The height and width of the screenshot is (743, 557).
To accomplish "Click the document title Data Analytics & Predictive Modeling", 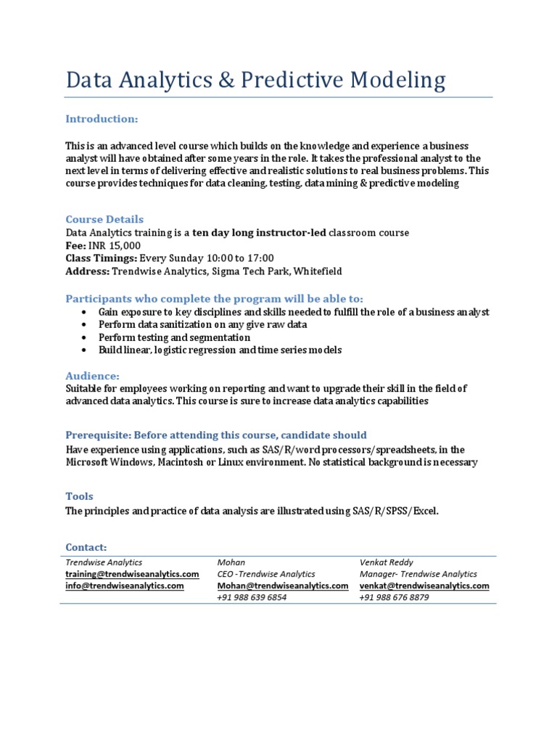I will tap(255, 80).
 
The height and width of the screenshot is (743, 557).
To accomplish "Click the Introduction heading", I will tap(102, 118).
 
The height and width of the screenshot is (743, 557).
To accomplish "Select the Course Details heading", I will tap(104, 219).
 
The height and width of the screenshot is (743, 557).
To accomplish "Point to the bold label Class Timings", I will tap(101, 258).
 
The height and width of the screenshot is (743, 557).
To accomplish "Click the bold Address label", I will tap(87, 271).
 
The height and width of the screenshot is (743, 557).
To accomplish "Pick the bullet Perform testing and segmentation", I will tap(174, 337).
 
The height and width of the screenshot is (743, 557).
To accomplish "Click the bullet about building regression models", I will tap(220, 350).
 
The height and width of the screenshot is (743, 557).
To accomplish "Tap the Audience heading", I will tap(92, 376).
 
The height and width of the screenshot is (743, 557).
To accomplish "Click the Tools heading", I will tap(79, 496).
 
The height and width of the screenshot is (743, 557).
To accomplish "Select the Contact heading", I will tap(86, 546).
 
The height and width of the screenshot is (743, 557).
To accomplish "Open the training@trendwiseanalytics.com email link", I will tap(132, 574).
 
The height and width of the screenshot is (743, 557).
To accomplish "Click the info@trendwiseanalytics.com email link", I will tap(124, 586).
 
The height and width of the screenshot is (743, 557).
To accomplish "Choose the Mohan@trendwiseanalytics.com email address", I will tap(283, 586).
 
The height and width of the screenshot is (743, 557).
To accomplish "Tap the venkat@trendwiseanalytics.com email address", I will tap(424, 586).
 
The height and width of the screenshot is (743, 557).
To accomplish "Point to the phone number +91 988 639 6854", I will tap(252, 597).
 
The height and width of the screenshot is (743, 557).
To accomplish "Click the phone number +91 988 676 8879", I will tap(394, 597).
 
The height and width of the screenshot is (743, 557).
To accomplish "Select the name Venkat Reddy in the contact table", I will tap(386, 562).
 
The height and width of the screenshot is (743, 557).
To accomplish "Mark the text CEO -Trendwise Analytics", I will tap(266, 574).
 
